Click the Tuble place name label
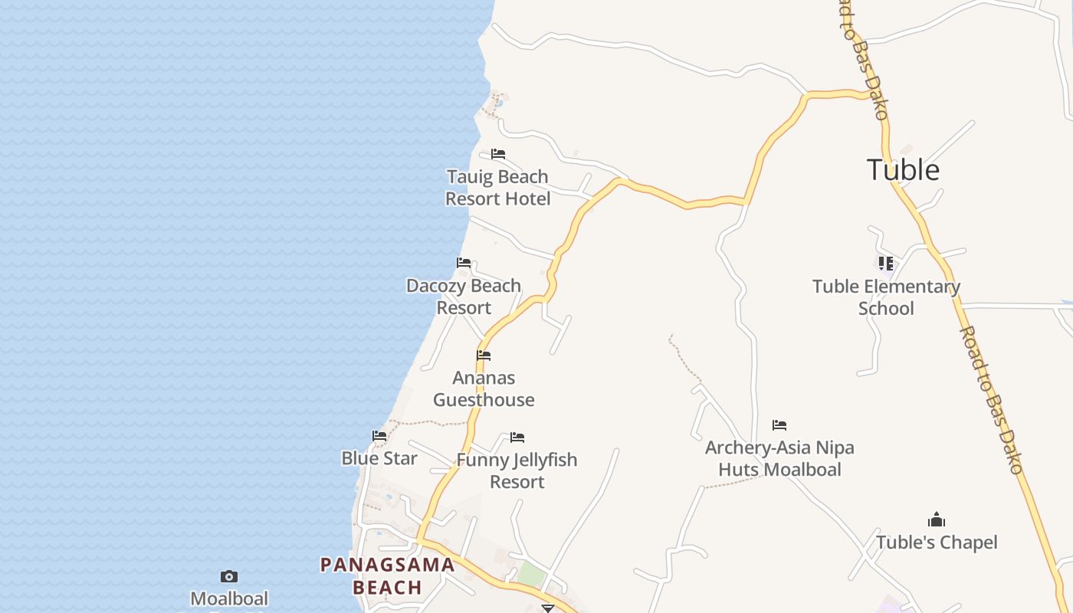[903, 169]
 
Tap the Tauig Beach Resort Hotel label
[498, 188]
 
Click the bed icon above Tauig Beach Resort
[498, 154]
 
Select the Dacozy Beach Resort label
[464, 297]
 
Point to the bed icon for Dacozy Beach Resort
[464, 263]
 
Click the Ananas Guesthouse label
[484, 388]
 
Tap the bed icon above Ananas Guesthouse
[484, 356]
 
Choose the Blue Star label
[379, 458]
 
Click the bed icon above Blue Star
[379, 436]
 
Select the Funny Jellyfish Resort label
[517, 470]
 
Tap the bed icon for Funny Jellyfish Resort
[517, 438]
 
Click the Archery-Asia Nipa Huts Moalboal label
[779, 458]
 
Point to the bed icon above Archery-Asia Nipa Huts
[779, 425]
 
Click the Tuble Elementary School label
[886, 297]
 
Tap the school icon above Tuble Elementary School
[886, 264]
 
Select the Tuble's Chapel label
[937, 543]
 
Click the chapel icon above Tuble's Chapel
[937, 520]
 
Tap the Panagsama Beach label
[387, 576]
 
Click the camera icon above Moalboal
[229, 576]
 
